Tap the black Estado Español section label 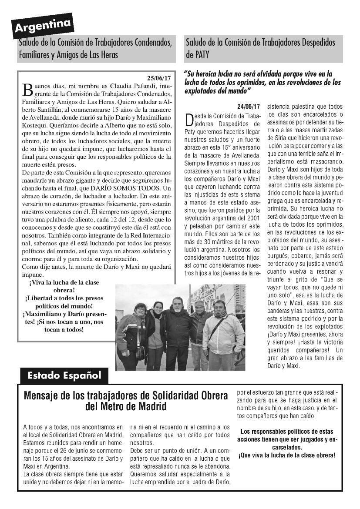[x=64, y=375]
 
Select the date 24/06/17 [x=249, y=106]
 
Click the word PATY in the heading [x=199, y=55]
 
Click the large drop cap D [x=189, y=120]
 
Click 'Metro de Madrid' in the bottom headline [x=126, y=407]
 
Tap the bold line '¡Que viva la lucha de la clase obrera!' [x=287, y=455]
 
